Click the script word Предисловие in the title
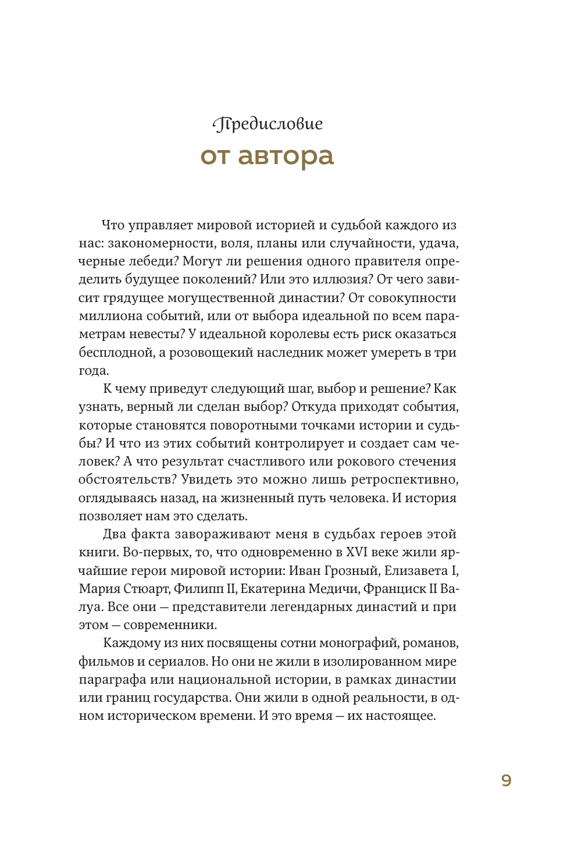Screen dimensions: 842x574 pyautogui.click(x=268, y=124)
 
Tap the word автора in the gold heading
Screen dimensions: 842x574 pyautogui.click(x=286, y=156)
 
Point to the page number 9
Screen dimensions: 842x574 pyautogui.click(x=506, y=780)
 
